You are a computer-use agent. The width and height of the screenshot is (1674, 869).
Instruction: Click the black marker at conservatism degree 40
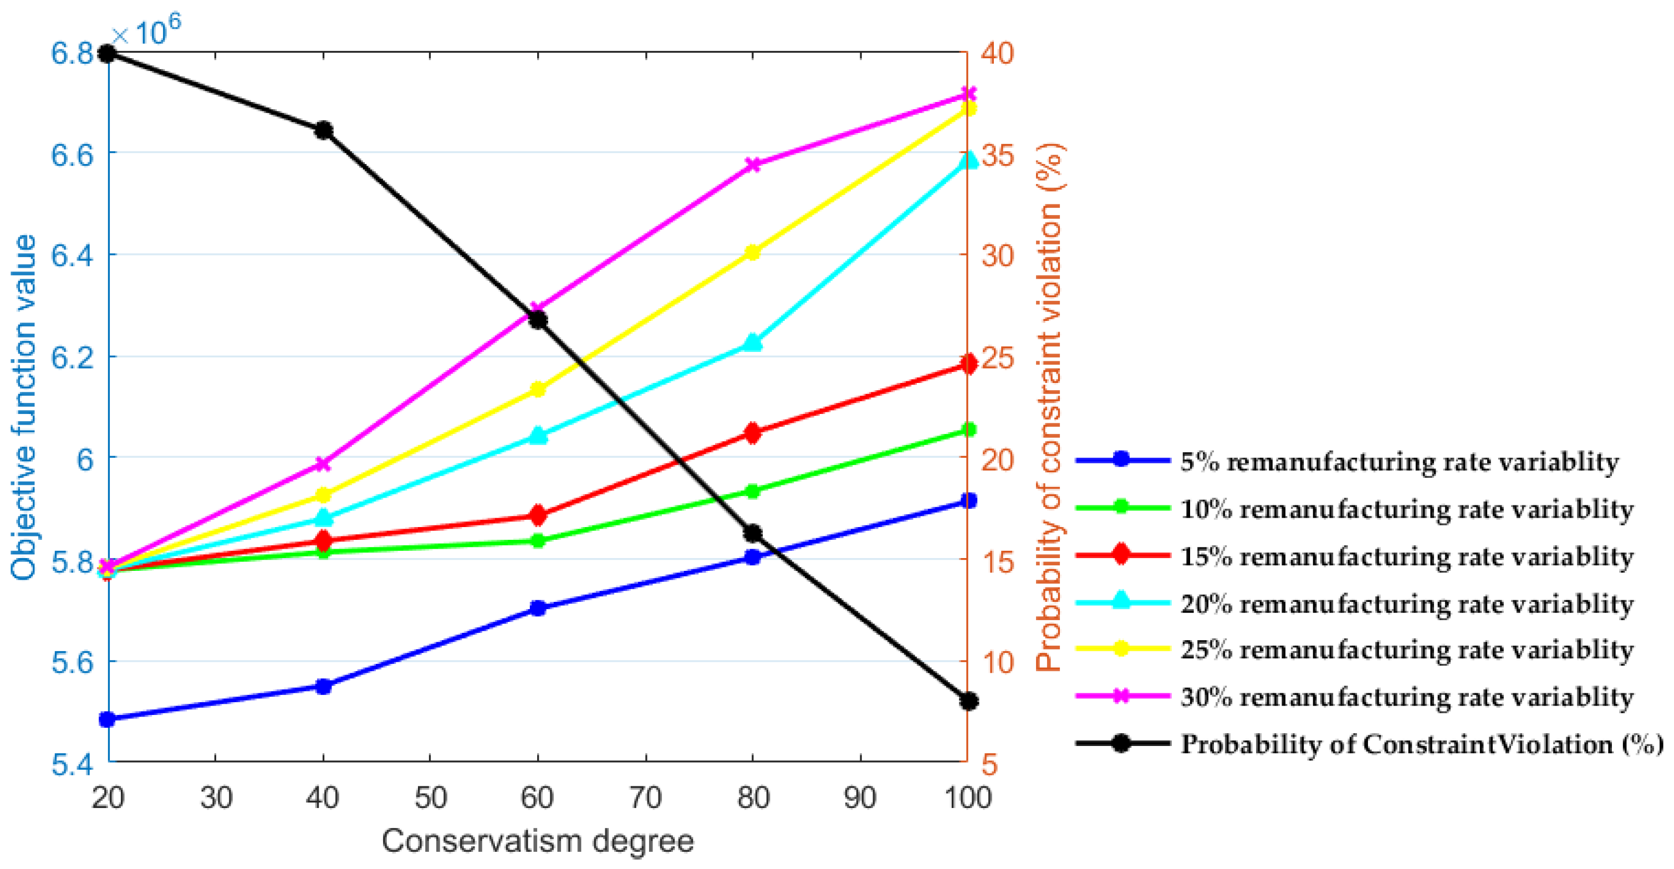tap(323, 131)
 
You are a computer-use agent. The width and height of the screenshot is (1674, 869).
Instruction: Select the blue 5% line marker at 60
tap(538, 609)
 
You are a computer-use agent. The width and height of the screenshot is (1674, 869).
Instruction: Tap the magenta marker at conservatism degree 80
tap(753, 165)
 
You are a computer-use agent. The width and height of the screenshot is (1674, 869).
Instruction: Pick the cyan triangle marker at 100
tap(968, 160)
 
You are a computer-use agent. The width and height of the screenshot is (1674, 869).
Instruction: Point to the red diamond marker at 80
tap(753, 433)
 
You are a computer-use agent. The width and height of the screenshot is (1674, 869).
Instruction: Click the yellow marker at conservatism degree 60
tap(538, 389)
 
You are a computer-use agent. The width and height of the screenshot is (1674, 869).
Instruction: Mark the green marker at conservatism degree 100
tap(968, 430)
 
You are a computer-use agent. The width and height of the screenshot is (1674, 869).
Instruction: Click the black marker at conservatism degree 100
tap(968, 701)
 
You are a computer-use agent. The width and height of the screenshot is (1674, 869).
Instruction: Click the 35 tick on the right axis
tap(997, 155)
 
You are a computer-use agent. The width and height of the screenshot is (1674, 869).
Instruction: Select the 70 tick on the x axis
tap(645, 798)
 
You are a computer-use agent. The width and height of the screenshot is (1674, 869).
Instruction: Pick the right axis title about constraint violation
tap(1048, 407)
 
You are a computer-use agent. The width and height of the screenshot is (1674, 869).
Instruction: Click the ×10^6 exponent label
tap(146, 29)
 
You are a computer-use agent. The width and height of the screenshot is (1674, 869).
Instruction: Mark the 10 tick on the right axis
tap(997, 662)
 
